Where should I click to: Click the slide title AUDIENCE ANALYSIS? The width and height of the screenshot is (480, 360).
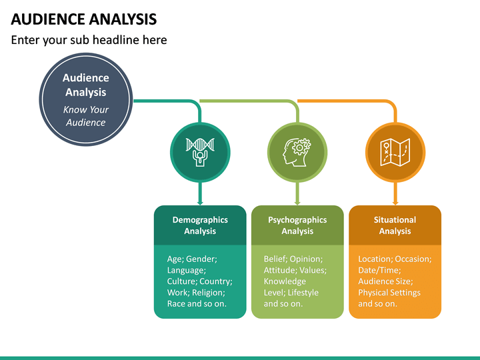(x=84, y=18)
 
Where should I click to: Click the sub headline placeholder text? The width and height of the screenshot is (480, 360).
(x=89, y=40)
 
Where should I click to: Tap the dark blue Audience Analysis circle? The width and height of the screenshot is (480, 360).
(x=85, y=99)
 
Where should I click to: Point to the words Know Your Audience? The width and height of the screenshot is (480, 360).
(x=85, y=116)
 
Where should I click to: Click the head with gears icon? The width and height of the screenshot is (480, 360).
(x=297, y=153)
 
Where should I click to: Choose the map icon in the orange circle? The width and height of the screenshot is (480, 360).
(x=395, y=153)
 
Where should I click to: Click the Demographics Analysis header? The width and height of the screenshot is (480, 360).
(x=200, y=225)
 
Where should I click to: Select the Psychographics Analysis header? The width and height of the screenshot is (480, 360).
(x=297, y=225)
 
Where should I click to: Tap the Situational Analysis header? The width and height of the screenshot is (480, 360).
(x=395, y=225)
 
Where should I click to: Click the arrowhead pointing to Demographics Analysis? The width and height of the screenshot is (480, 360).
(x=200, y=202)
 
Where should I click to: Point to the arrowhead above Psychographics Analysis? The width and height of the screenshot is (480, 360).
(x=297, y=202)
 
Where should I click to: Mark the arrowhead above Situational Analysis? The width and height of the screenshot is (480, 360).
(x=395, y=202)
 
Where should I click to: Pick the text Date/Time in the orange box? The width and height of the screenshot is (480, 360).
(x=379, y=270)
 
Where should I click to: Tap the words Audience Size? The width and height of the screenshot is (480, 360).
(x=386, y=281)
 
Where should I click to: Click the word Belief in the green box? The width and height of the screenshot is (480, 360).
(x=274, y=259)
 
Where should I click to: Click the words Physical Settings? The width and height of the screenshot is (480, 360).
(x=389, y=293)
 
